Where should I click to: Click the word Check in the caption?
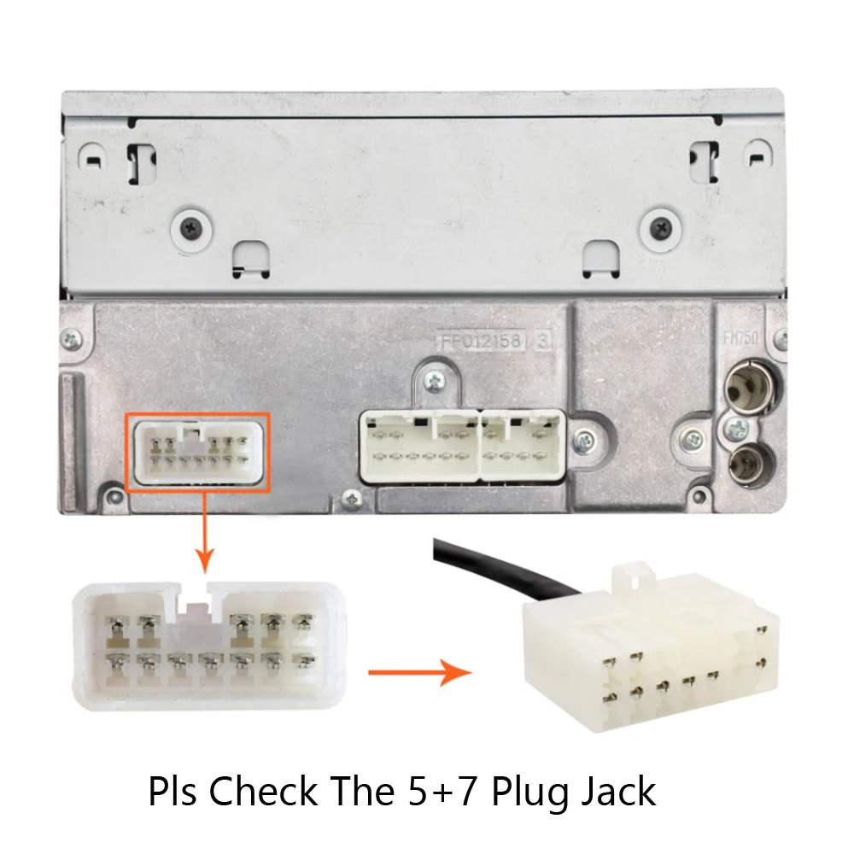[262, 791]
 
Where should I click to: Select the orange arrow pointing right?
[419, 672]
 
